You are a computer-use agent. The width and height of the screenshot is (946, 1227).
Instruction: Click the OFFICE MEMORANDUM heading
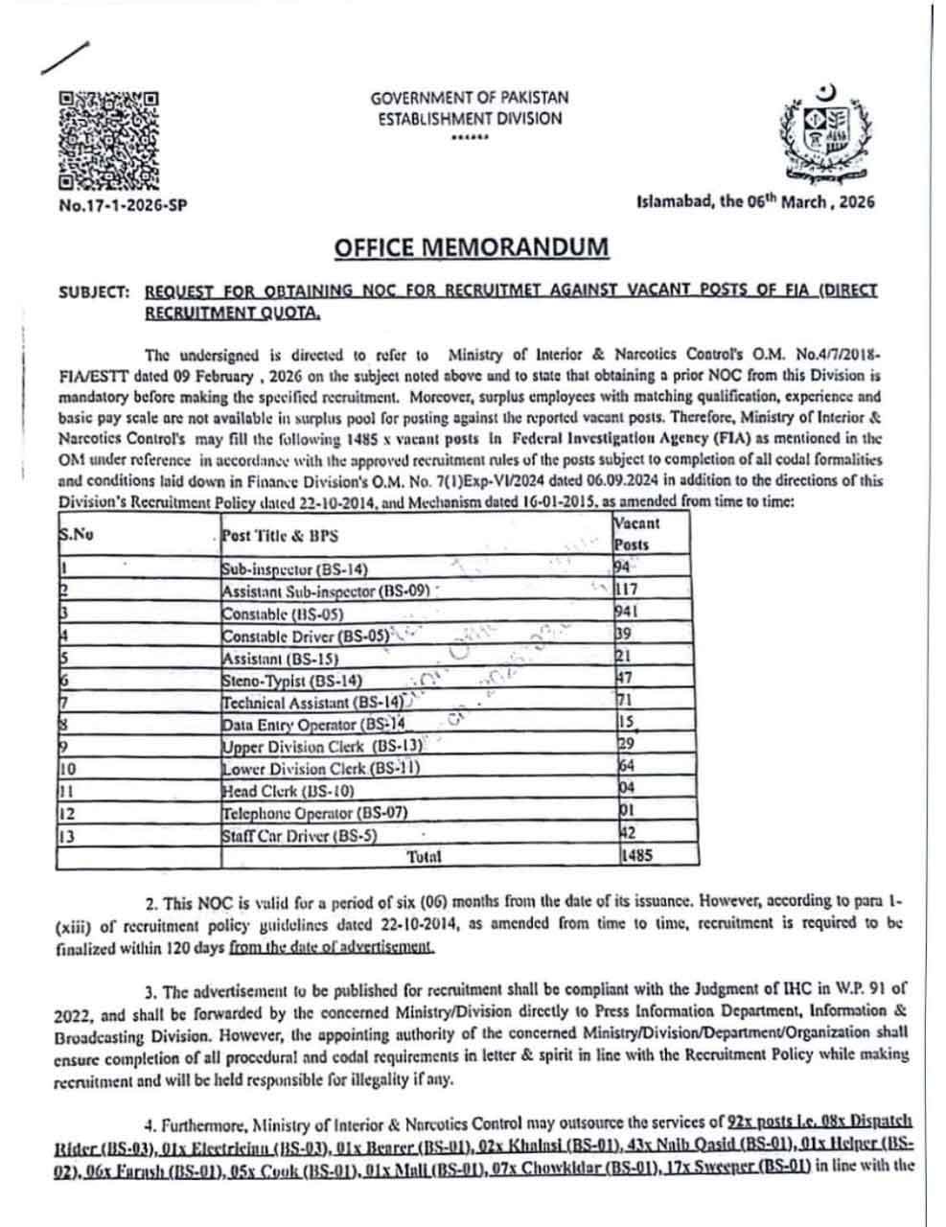pyautogui.click(x=472, y=247)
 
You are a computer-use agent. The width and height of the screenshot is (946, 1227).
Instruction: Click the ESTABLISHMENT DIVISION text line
pyautogui.click(x=469, y=119)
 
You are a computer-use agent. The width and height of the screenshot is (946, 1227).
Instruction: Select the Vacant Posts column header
pyautogui.click(x=636, y=534)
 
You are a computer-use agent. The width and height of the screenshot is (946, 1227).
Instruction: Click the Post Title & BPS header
pyautogui.click(x=279, y=536)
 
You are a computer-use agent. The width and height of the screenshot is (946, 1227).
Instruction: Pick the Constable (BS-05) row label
pyautogui.click(x=282, y=613)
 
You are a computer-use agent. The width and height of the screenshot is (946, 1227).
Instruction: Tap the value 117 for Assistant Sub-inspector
pyautogui.click(x=627, y=590)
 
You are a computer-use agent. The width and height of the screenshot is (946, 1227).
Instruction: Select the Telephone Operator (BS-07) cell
pyautogui.click(x=314, y=812)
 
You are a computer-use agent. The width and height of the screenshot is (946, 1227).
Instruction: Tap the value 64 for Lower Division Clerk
pyautogui.click(x=626, y=766)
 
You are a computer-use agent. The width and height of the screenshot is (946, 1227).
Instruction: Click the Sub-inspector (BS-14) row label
pyautogui.click(x=294, y=569)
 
